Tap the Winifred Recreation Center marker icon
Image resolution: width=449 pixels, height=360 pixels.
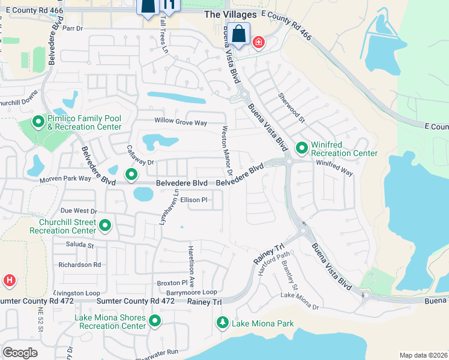click(x=301, y=148)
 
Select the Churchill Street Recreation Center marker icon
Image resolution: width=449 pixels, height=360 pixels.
click(x=105, y=226)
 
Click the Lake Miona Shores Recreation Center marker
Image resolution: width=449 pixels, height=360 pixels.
click(x=155, y=321)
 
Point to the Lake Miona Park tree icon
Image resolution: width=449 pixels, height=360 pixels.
click(x=223, y=323)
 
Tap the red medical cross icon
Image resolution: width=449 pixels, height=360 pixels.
click(x=259, y=43)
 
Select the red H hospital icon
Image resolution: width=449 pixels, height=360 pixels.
click(x=10, y=280)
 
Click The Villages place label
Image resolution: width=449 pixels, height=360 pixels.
click(x=230, y=14)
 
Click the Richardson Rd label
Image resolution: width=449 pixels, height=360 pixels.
click(x=79, y=265)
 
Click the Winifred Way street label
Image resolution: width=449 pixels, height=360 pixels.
click(x=334, y=171)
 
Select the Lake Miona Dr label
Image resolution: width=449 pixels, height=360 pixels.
click(x=300, y=301)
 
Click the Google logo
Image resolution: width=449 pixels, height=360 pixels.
click(x=20, y=352)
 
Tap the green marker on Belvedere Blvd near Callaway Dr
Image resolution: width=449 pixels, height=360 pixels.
click(x=131, y=175)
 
